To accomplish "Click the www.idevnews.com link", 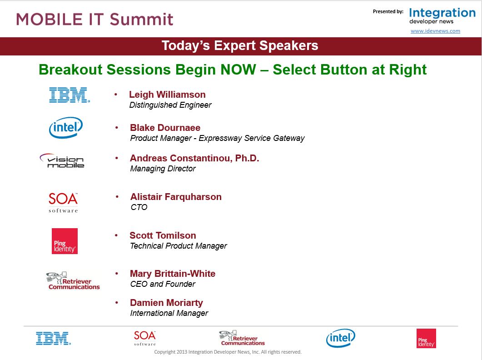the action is point(435,31).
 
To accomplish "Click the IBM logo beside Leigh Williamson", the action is point(70,95).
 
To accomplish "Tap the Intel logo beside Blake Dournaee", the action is point(66,127).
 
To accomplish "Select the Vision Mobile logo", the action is point(62,160).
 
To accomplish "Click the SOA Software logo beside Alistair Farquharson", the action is point(63,202).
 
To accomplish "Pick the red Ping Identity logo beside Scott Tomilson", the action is point(65,241).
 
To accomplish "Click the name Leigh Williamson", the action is point(167,95).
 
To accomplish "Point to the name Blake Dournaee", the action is point(165,128).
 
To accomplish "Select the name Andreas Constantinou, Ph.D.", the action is point(194,158).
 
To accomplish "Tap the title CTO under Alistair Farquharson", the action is point(139,207).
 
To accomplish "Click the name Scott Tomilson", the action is point(163,235).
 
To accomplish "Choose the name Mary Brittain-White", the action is point(173,274).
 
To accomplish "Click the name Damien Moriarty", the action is point(166,303).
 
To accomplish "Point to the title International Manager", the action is point(169,313).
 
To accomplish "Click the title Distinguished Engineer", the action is point(170,105).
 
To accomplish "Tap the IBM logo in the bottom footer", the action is point(53,338).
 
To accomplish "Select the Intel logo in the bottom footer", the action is point(341,338).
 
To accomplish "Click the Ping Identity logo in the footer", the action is point(426,339).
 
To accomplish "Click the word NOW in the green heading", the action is point(238,70).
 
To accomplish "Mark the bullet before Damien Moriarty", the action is point(117,303).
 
